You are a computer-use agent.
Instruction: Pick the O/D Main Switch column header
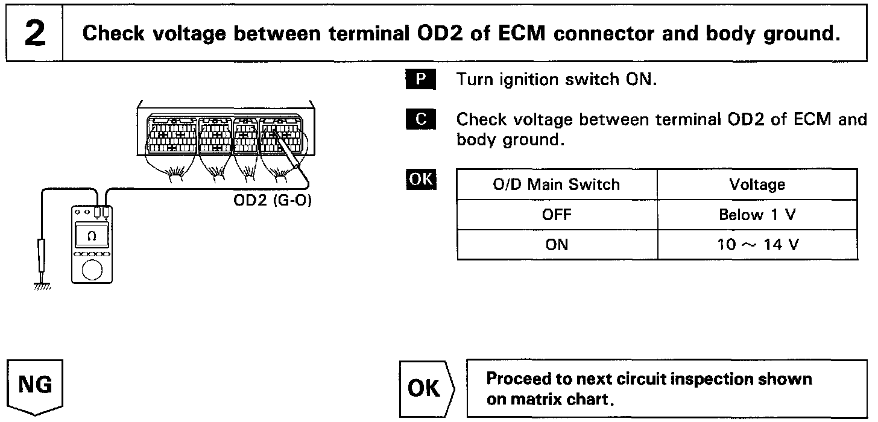tap(556, 184)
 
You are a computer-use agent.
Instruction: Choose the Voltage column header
tap(757, 184)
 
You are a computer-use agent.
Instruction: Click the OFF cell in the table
tap(556, 215)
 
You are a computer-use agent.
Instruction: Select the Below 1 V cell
tap(757, 215)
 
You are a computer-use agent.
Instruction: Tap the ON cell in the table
tap(556, 245)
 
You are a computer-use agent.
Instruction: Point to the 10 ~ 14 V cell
tap(757, 245)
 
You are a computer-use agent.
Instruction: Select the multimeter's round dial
tap(92, 269)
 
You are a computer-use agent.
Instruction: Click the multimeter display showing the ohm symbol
tap(92, 236)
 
